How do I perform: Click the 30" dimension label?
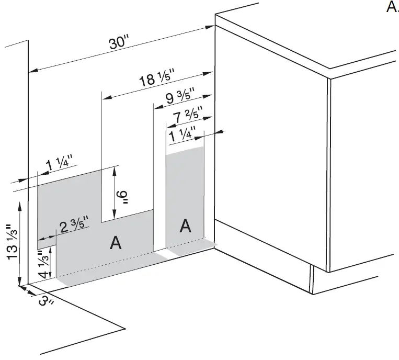[119, 44]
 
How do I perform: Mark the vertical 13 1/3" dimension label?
[10, 241]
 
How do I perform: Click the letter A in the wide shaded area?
[116, 243]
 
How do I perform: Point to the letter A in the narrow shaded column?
[185, 226]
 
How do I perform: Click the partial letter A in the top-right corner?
[392, 7]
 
